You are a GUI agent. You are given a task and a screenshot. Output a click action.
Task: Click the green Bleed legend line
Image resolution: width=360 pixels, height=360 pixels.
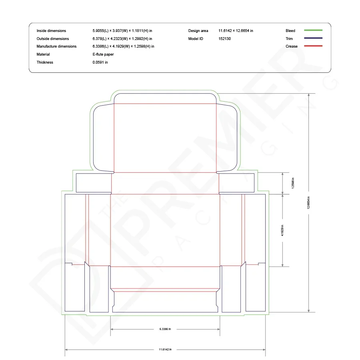coord(313,30)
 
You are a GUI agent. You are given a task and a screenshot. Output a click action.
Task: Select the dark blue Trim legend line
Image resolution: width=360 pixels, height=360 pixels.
coord(313,38)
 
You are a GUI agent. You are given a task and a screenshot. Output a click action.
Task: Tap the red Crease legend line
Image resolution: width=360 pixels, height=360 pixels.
coord(313,46)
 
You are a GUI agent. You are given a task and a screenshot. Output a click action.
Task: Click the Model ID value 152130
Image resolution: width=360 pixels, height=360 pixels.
coord(224,38)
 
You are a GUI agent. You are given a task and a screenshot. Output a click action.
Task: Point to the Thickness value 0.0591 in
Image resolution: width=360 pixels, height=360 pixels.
coord(100,62)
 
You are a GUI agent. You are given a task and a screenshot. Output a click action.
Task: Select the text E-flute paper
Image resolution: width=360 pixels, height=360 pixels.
coord(103,54)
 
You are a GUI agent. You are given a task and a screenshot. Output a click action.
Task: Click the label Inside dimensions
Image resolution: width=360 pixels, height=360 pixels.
coord(51,31)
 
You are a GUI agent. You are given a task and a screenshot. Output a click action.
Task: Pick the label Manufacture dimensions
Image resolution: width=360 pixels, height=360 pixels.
coord(56,46)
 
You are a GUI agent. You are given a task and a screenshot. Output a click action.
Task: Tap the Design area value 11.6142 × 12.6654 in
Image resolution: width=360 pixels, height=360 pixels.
coord(236,31)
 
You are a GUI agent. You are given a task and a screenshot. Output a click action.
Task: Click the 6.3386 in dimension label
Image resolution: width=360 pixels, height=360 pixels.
coord(165,329)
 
